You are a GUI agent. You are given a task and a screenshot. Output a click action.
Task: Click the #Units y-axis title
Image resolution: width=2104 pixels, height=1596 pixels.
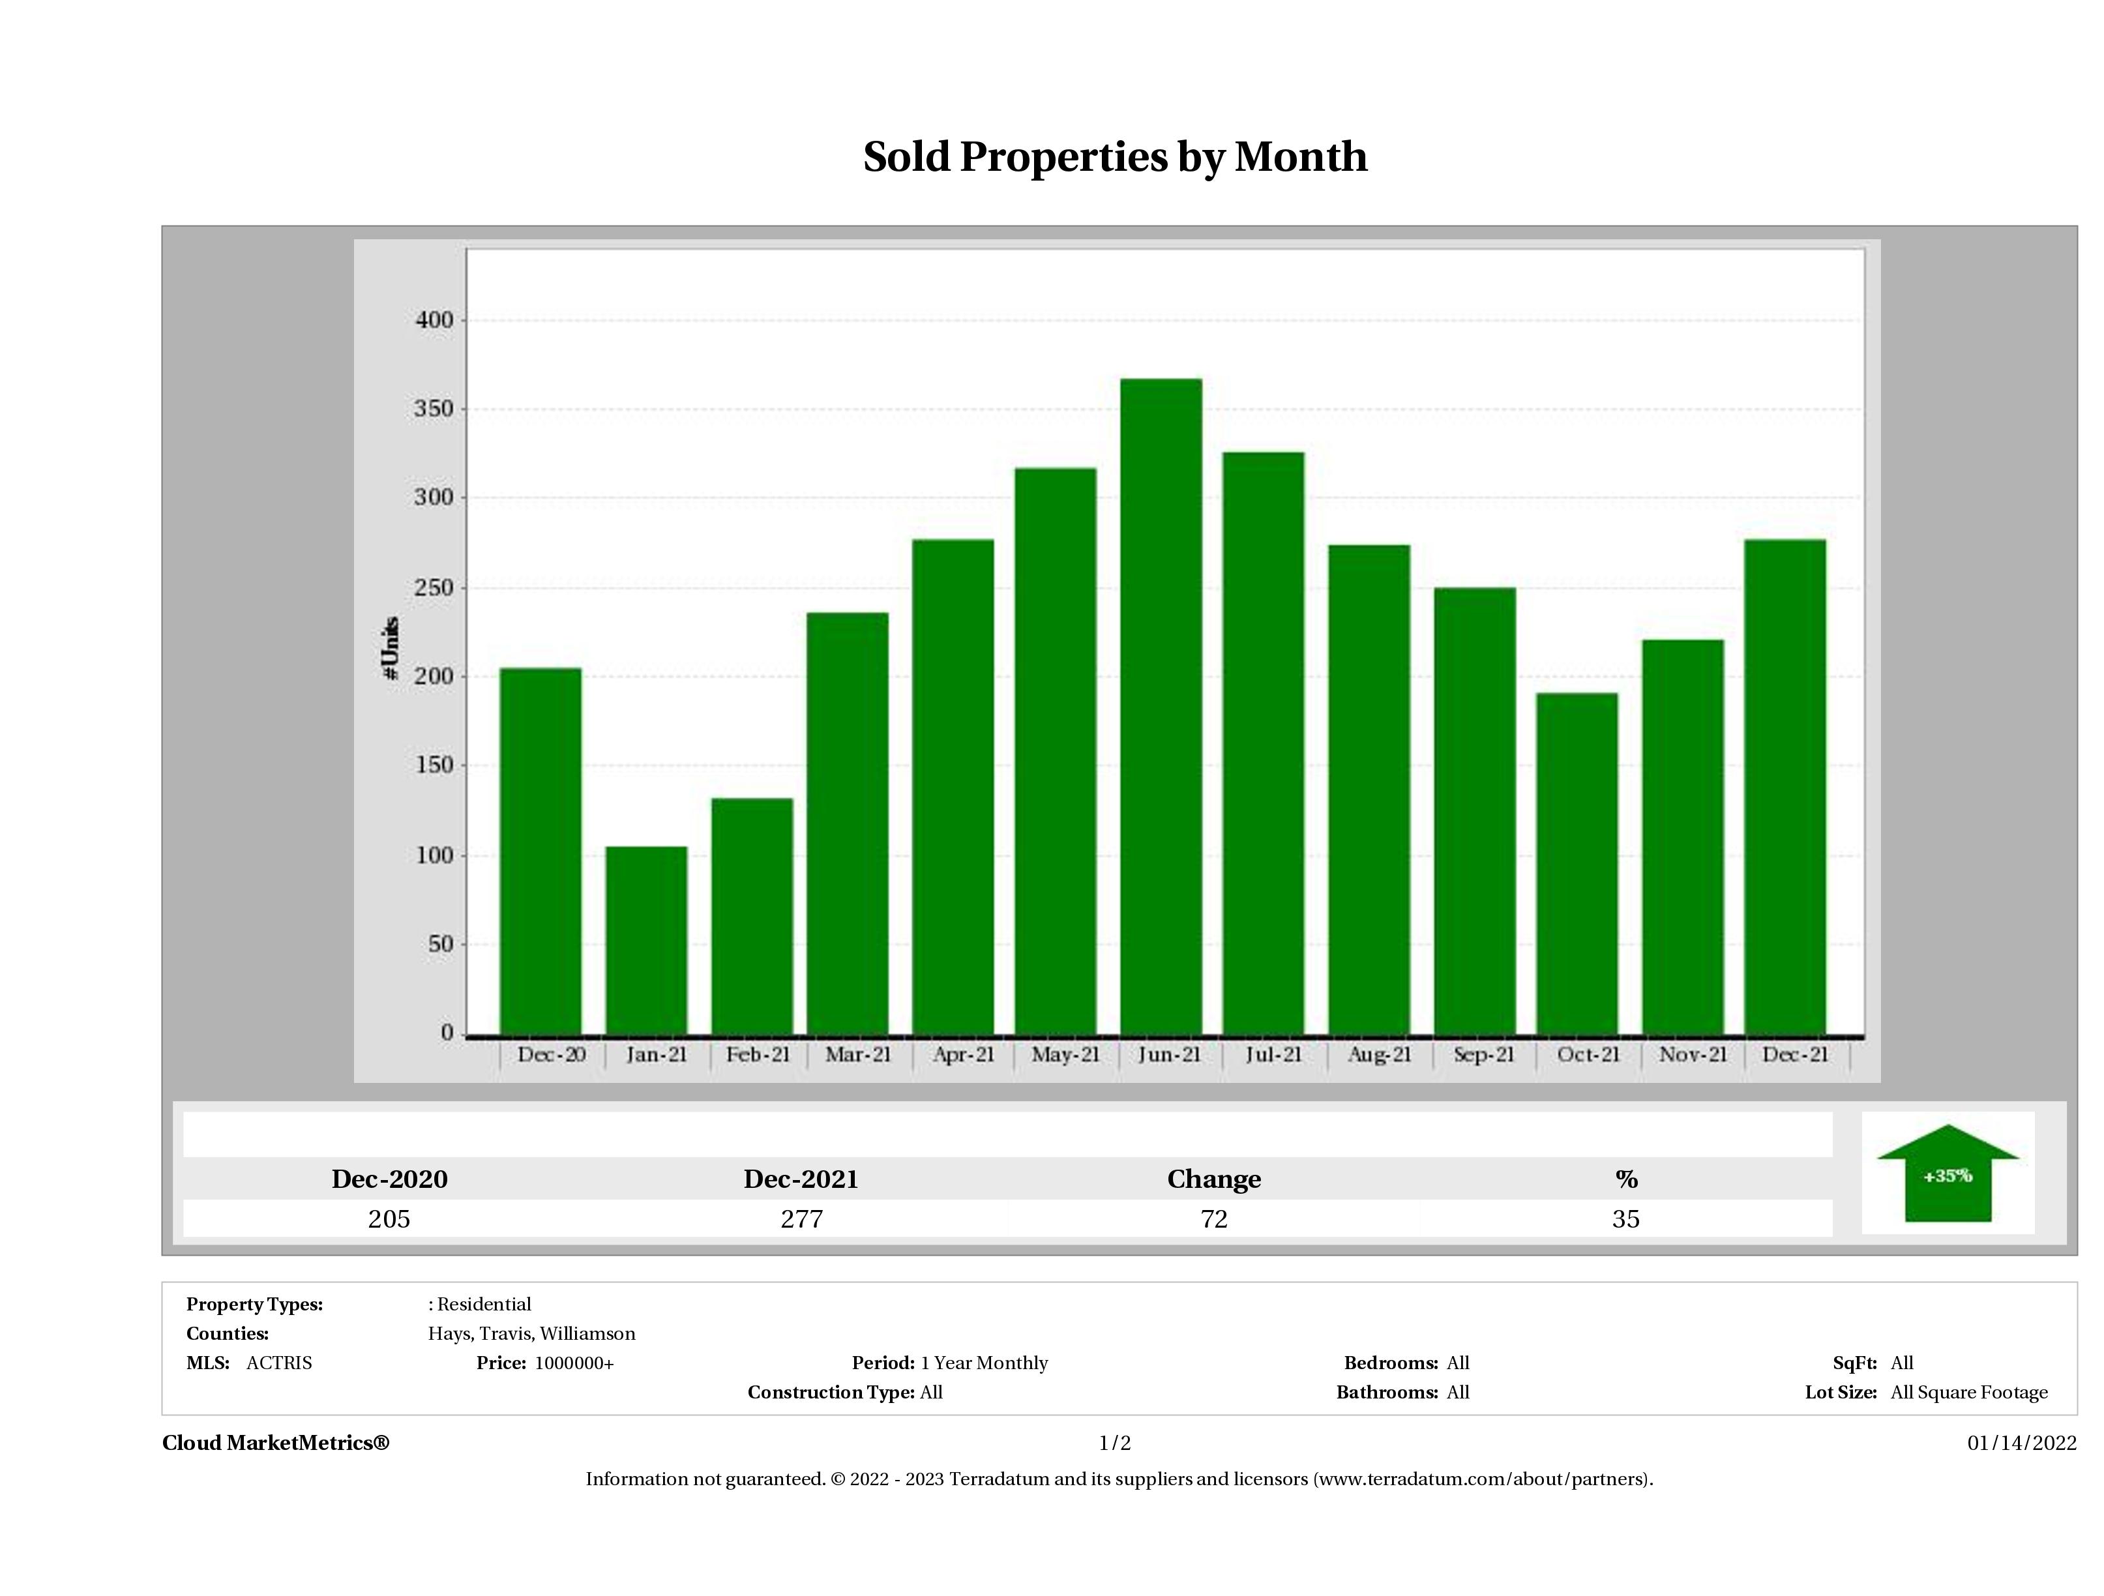390,647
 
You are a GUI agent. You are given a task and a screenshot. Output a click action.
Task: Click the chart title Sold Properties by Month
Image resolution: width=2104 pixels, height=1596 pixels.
1115,157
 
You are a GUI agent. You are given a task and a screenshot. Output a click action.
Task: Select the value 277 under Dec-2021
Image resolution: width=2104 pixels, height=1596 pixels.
801,1219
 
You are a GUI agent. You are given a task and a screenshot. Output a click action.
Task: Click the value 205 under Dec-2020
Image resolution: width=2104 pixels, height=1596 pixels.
389,1219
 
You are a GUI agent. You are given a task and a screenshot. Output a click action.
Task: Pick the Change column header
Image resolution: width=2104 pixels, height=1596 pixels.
1214,1179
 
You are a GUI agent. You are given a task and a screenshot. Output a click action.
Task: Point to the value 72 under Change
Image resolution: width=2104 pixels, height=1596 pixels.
1214,1219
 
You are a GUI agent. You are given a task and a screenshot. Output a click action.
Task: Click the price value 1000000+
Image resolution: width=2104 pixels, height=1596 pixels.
574,1363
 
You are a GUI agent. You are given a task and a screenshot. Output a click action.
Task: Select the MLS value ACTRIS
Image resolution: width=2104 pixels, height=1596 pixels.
278,1363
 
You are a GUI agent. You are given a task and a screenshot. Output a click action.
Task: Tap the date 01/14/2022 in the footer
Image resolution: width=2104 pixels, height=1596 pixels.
2021,1443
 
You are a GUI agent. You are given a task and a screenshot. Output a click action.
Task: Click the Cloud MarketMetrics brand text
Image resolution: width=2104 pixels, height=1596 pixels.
276,1443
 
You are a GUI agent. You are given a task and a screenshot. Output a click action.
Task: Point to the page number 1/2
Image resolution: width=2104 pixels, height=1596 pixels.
1115,1443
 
